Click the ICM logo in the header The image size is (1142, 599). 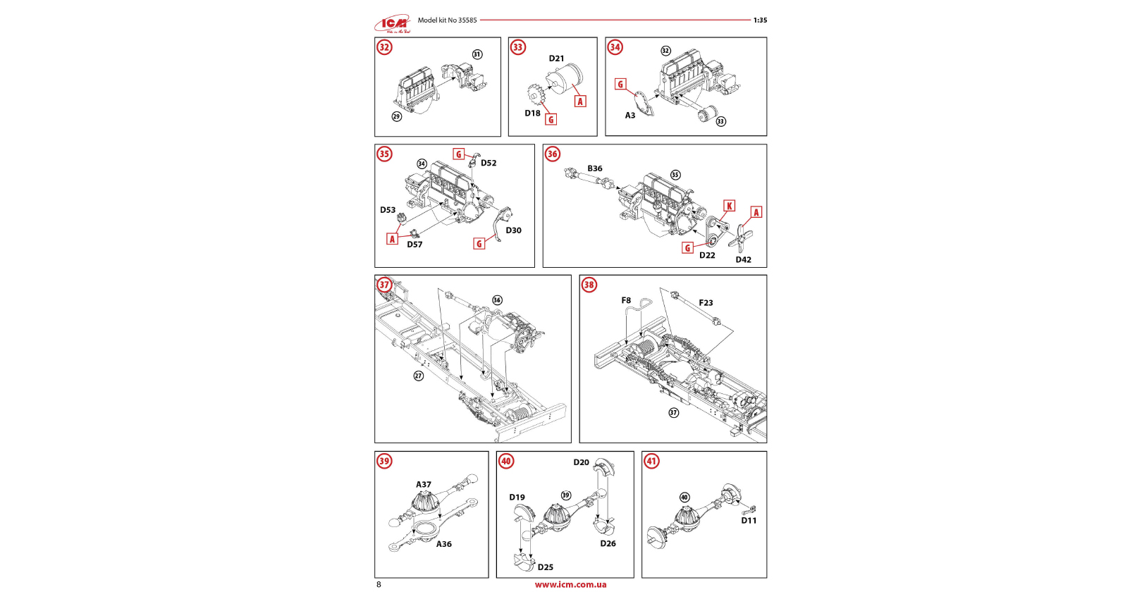(393, 24)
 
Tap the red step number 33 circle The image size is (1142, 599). (518, 47)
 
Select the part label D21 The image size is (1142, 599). (556, 58)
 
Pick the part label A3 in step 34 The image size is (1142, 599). (630, 116)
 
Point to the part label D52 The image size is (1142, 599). (489, 163)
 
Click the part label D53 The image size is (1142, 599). (388, 210)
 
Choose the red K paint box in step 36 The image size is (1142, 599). (730, 206)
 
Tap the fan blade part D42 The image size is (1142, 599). (739, 237)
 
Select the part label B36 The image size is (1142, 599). (595, 168)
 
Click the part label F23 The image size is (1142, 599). (706, 303)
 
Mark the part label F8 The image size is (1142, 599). (626, 300)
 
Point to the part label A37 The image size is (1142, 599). (423, 485)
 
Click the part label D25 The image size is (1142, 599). (546, 567)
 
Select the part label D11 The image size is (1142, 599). (749, 521)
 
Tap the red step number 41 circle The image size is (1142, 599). (651, 462)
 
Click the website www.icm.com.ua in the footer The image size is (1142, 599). (570, 584)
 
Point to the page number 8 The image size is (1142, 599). (379, 584)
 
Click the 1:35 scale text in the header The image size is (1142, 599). (760, 20)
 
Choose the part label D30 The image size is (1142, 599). (514, 230)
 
